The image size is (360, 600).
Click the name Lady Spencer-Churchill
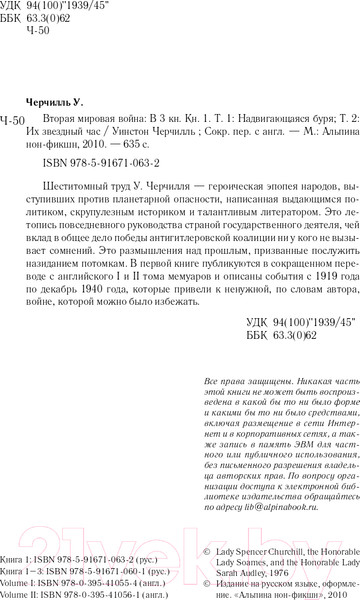pos(245,536)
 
